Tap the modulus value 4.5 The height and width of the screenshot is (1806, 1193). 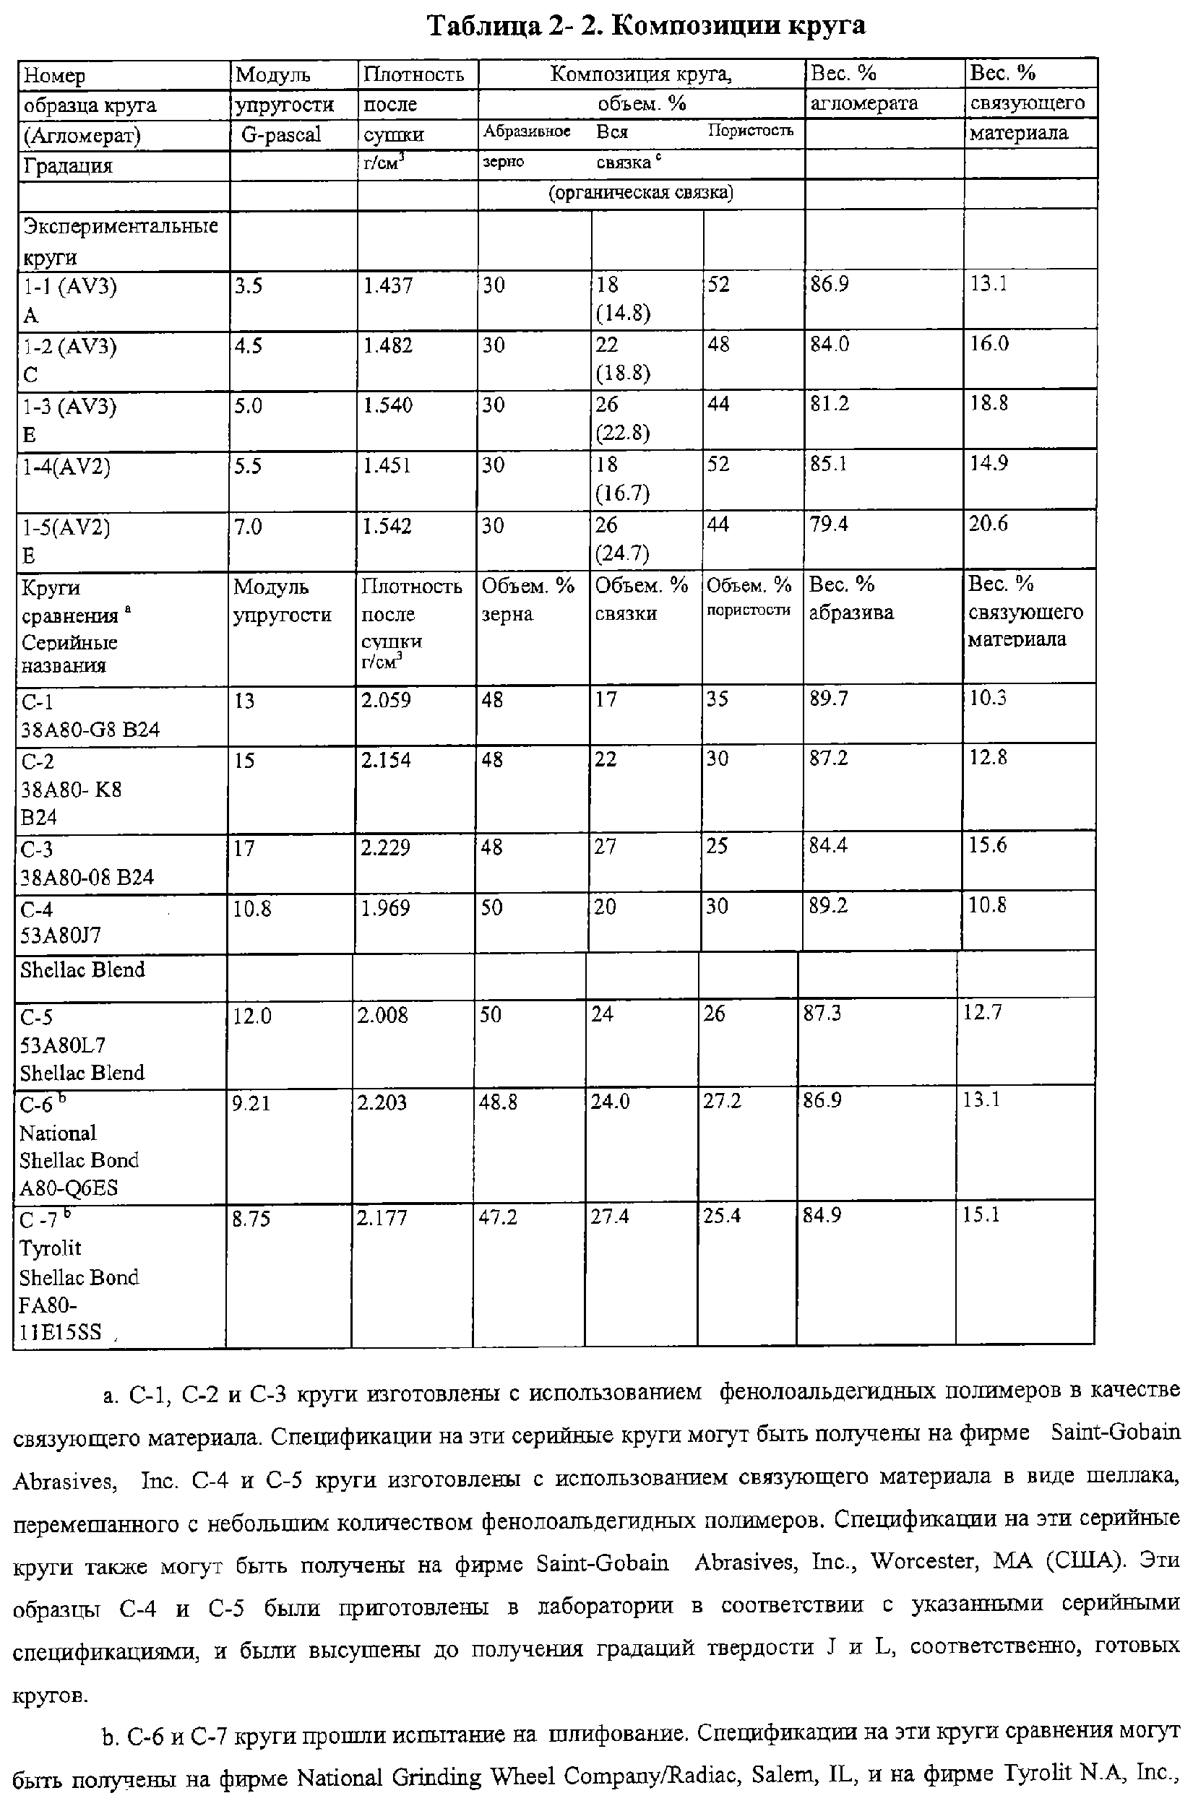click(x=248, y=346)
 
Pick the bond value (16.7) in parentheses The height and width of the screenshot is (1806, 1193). click(x=622, y=493)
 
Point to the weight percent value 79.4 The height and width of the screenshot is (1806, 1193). click(x=829, y=524)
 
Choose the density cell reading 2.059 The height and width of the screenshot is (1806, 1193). click(x=386, y=699)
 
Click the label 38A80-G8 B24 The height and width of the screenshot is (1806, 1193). click(x=90, y=730)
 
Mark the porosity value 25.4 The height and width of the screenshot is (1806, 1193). click(x=721, y=1217)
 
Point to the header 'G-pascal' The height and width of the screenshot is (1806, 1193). click(x=281, y=135)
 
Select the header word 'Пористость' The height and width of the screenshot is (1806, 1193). click(x=750, y=131)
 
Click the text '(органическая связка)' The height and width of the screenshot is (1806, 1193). click(x=641, y=193)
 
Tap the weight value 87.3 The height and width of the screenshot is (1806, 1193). click(x=822, y=1014)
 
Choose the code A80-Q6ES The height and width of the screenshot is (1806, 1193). click(x=69, y=1188)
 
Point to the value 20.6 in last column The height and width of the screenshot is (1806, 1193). click(x=988, y=524)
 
